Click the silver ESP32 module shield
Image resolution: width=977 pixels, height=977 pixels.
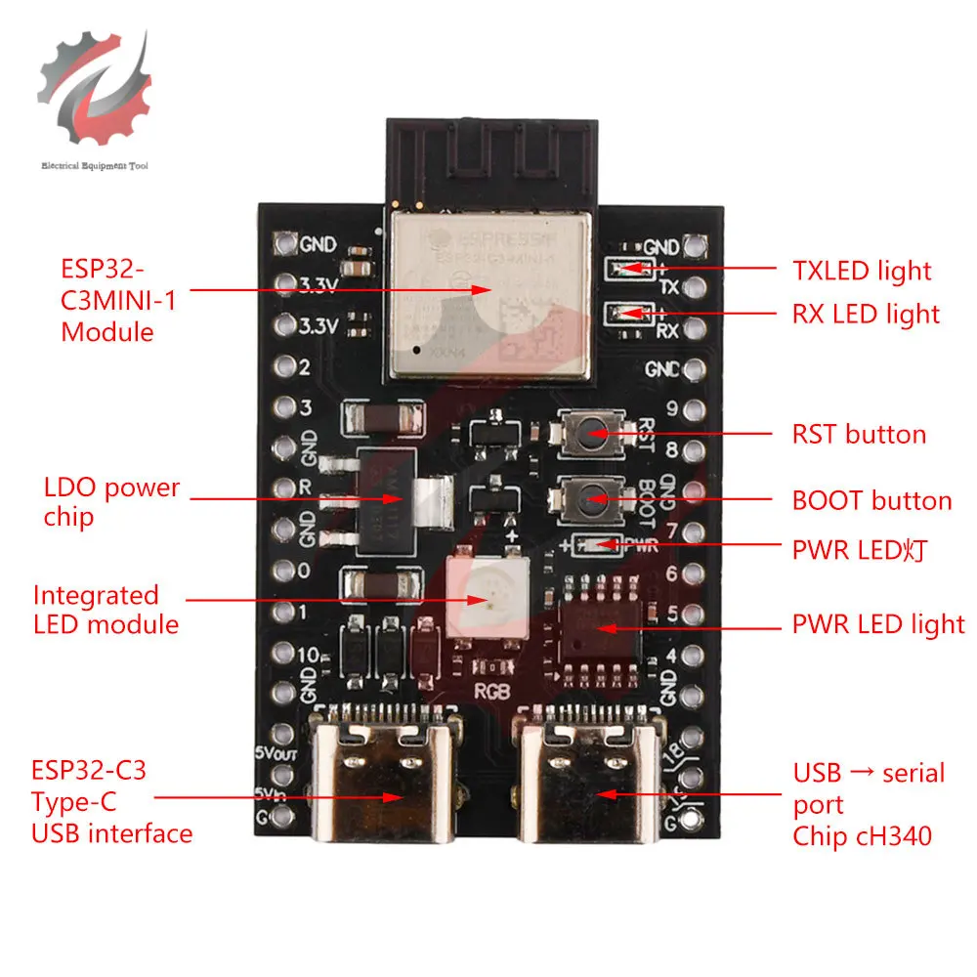[491, 293]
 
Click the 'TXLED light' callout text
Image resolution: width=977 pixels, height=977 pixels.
[861, 271]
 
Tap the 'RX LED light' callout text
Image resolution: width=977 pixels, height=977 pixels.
[866, 315]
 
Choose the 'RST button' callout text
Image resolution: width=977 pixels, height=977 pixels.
[859, 434]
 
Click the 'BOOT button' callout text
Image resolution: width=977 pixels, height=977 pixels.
[871, 501]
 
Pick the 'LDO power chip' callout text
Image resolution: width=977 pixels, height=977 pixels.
[111, 501]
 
